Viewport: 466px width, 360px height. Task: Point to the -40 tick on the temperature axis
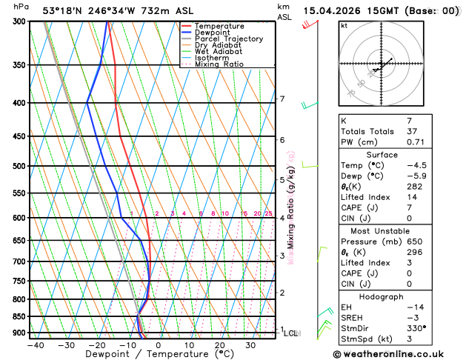coord(35,345)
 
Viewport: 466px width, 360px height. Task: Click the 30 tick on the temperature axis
coord(250,345)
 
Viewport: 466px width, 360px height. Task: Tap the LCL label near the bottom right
coord(290,333)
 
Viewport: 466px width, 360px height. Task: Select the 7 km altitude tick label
coord(282,99)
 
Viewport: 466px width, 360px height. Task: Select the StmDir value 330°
coord(416,328)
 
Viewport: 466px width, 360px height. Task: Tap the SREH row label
coord(353,318)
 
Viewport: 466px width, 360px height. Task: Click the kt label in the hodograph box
coord(344,26)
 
